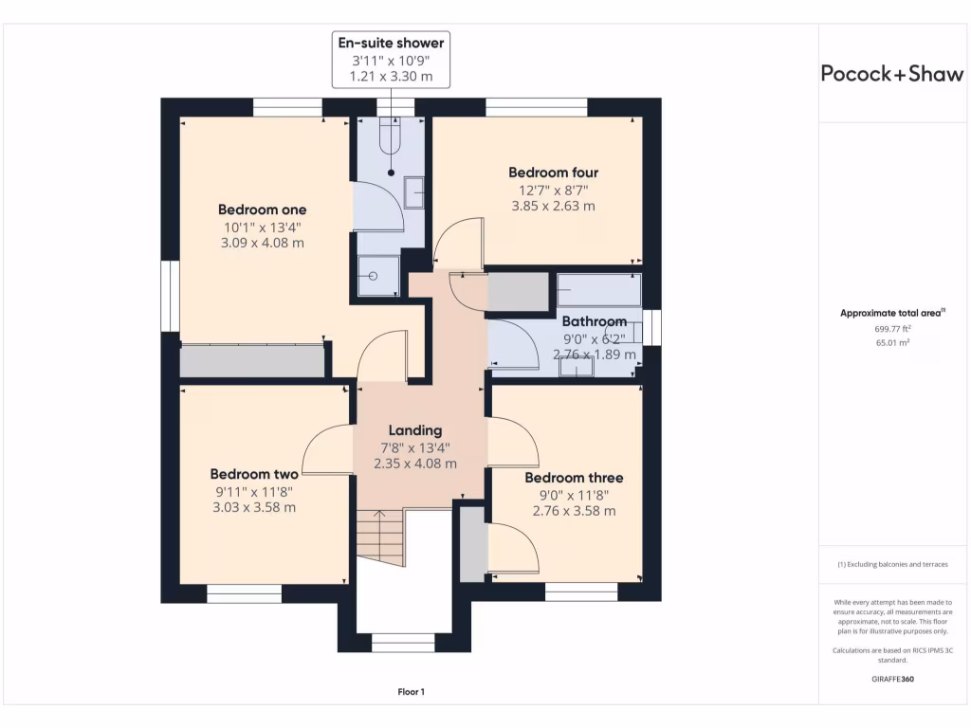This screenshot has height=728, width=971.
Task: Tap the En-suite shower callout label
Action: pyautogui.click(x=391, y=43)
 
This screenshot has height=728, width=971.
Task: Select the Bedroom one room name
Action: pyautogui.click(x=263, y=209)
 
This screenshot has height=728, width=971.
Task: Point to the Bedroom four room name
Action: pyautogui.click(x=553, y=173)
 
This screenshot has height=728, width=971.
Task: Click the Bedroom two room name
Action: pyautogui.click(x=254, y=474)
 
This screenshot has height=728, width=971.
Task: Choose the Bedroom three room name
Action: pyautogui.click(x=575, y=478)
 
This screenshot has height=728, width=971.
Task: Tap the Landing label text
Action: pyautogui.click(x=415, y=430)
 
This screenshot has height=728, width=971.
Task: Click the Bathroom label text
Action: pyautogui.click(x=595, y=321)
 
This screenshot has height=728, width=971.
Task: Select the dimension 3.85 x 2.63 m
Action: pyautogui.click(x=553, y=206)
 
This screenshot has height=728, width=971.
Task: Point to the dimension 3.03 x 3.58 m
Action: pyautogui.click(x=254, y=507)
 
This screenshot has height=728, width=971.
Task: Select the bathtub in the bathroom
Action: pyautogui.click(x=598, y=288)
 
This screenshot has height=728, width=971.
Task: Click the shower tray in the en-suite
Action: pyautogui.click(x=377, y=275)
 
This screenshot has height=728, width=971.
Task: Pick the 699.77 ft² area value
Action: pyautogui.click(x=892, y=328)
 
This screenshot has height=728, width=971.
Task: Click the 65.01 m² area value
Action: pyautogui.click(x=892, y=342)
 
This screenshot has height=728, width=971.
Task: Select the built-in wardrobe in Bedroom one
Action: pyautogui.click(x=251, y=361)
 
